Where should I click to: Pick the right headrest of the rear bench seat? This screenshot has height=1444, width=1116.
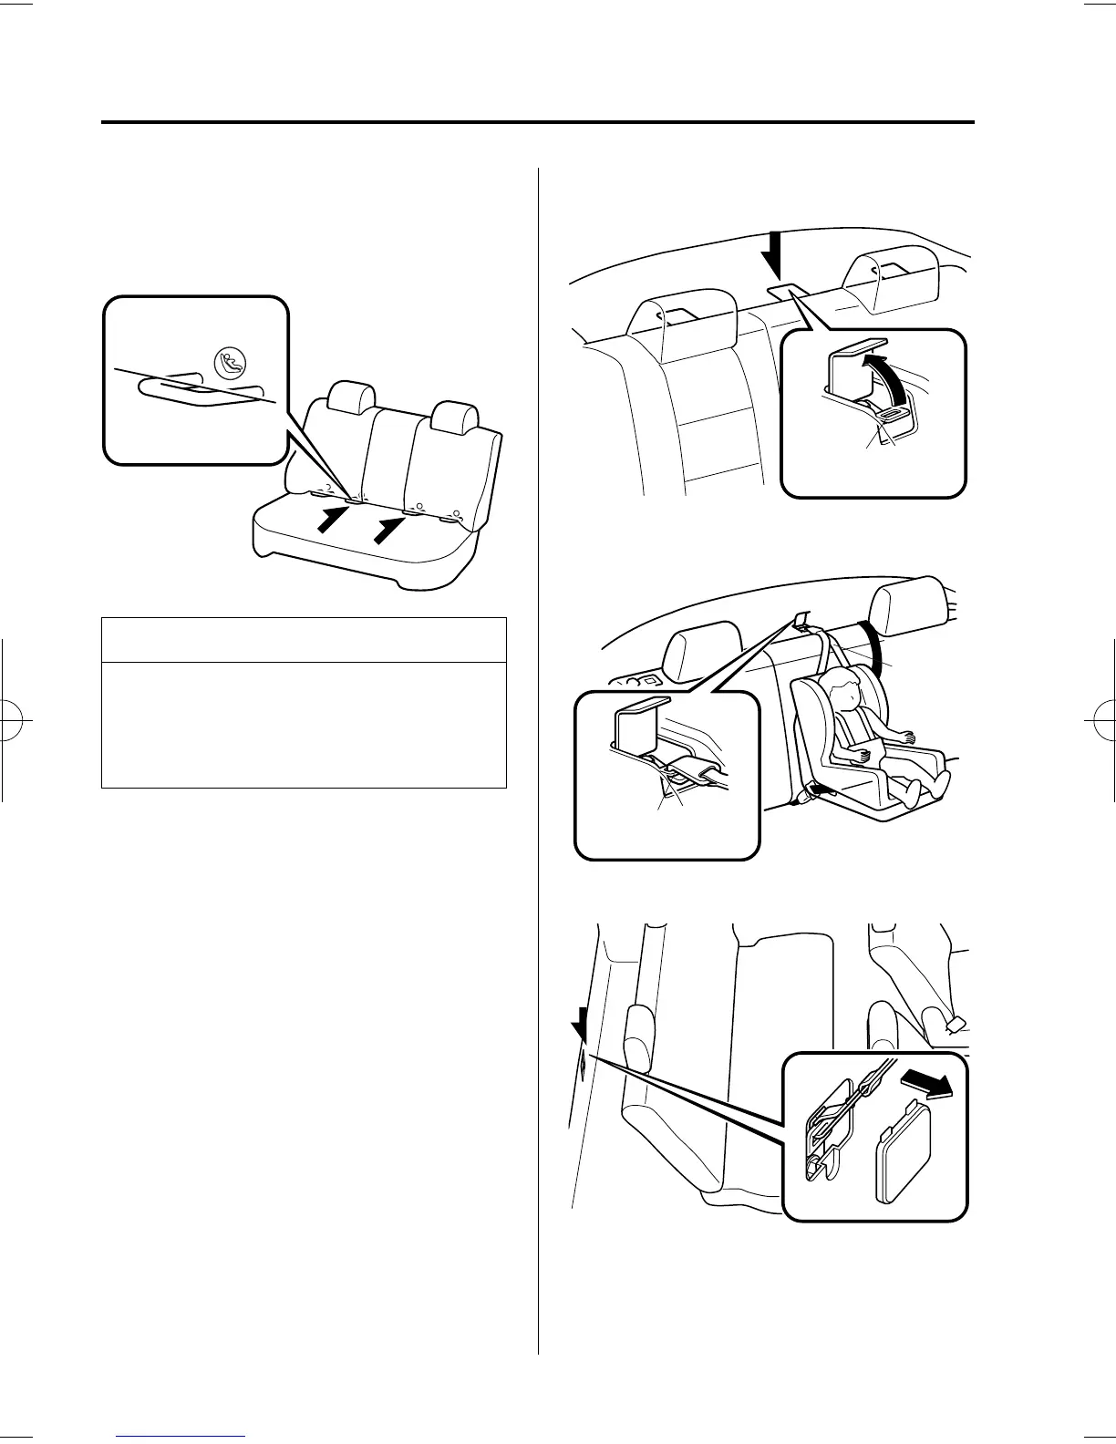[x=455, y=418]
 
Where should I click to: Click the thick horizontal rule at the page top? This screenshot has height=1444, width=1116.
[x=538, y=123]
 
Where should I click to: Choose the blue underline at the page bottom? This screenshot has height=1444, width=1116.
[x=181, y=1436]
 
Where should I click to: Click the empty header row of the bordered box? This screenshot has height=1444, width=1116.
[x=304, y=640]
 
